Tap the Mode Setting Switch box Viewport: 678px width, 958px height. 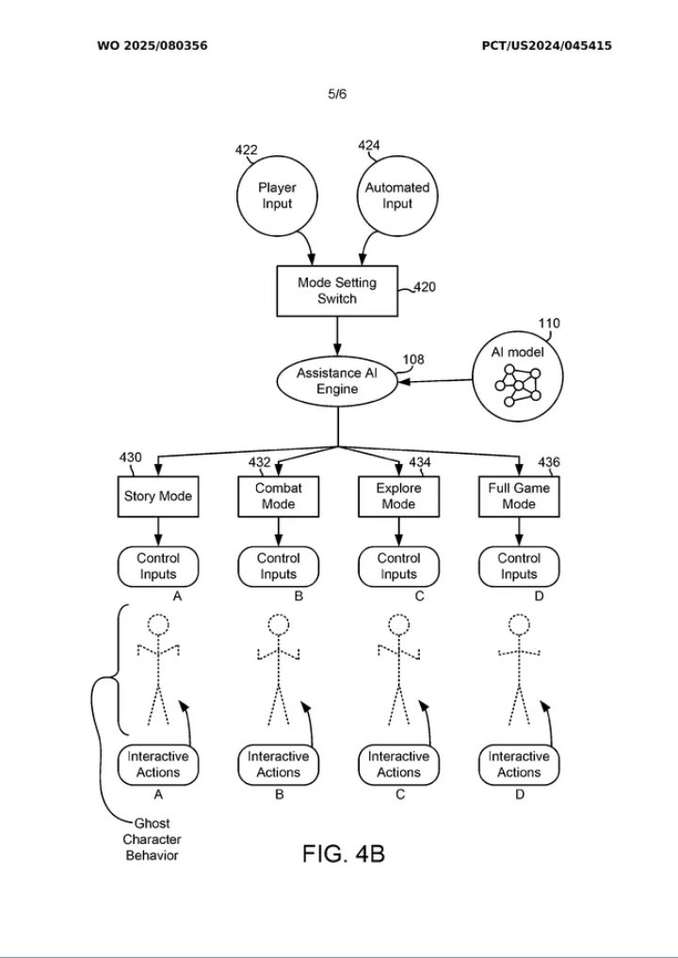pos(338,290)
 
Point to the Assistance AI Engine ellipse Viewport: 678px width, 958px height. pos(338,381)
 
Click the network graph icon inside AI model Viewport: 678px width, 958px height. pos(519,385)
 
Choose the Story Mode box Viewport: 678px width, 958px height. pos(158,496)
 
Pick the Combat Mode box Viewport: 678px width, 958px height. pos(278,496)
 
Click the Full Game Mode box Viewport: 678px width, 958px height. pos(519,496)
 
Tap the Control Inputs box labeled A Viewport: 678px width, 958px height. pos(158,566)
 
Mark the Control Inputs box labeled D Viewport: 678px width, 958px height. pos(519,566)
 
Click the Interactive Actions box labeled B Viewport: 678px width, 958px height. pos(278,764)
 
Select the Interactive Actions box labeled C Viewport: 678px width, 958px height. pos(398,764)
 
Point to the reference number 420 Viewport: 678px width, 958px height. pos(425,288)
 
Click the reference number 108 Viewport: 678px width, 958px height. pos(413,359)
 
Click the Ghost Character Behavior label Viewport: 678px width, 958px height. pos(152,839)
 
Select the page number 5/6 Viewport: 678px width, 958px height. pos(337,94)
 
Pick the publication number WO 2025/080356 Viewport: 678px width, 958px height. pos(152,45)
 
